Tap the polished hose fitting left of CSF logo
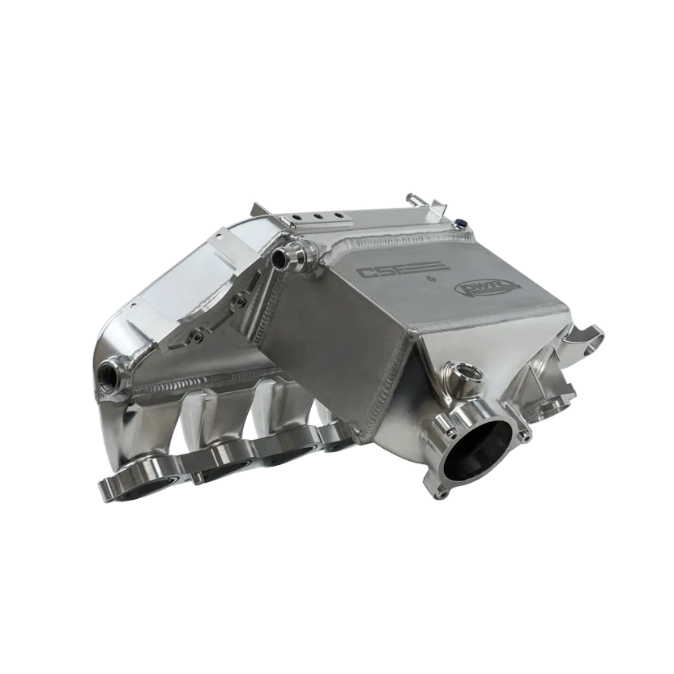pyautogui.click(x=288, y=258)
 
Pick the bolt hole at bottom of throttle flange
pyautogui.click(x=441, y=491)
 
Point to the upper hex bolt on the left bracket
pyautogui.click(x=240, y=301)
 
